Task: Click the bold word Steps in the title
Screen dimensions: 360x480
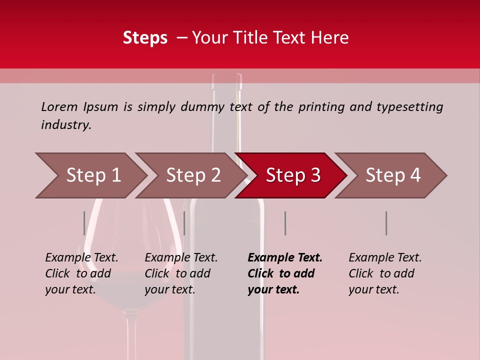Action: (x=145, y=37)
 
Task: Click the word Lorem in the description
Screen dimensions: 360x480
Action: (x=59, y=106)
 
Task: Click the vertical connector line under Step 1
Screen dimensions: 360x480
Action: (x=84, y=223)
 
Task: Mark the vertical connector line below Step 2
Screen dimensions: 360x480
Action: (x=184, y=223)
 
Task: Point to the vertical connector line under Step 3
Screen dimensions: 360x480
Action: (x=285, y=223)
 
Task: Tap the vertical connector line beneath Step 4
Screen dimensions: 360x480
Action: (x=386, y=223)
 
